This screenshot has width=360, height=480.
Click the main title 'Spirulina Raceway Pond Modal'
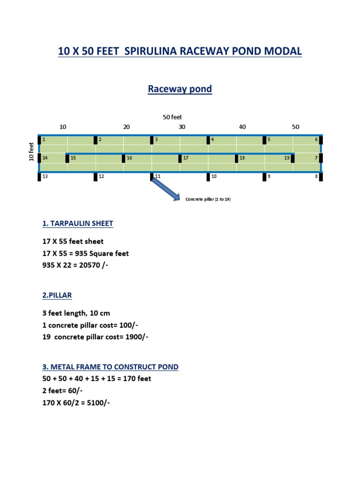pyautogui.click(x=180, y=51)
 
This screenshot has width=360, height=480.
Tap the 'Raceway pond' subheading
pyautogui.click(x=180, y=89)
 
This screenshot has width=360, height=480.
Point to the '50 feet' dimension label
pyautogui.click(x=172, y=117)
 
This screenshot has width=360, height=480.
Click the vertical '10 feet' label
pyautogui.click(x=31, y=152)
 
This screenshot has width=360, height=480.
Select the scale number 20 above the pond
pyautogui.click(x=126, y=127)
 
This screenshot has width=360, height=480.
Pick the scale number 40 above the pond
pyautogui.click(x=242, y=127)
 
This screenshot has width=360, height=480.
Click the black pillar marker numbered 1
pyautogui.click(x=39, y=140)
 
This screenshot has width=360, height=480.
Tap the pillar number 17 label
pyautogui.click(x=186, y=158)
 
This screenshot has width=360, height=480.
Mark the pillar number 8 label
pyautogui.click(x=316, y=176)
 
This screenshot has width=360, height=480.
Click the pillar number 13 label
pyautogui.click(x=45, y=176)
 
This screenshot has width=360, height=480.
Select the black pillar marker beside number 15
pyautogui.click(x=67, y=158)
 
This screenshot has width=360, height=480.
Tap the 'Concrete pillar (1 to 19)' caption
pyautogui.click(x=208, y=199)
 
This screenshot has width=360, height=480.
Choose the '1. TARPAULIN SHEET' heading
pyautogui.click(x=78, y=224)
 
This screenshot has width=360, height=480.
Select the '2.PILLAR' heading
pyautogui.click(x=57, y=295)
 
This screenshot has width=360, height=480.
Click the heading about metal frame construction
pyautogui.click(x=110, y=367)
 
